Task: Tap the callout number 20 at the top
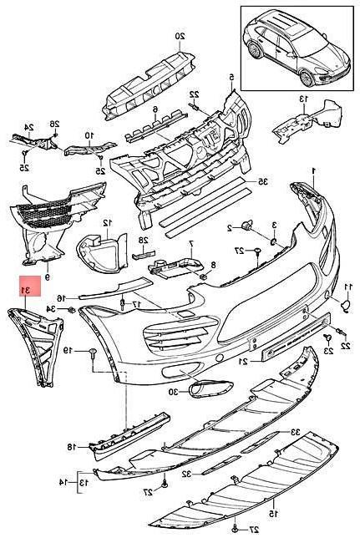coord(179,36)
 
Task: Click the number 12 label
coord(107,223)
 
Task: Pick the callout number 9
coord(48,277)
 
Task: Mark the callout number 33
coord(295,431)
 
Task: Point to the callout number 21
coord(242,360)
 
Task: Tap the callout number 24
coord(28,128)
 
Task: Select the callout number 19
coord(70,349)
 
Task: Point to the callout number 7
coord(190,243)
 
